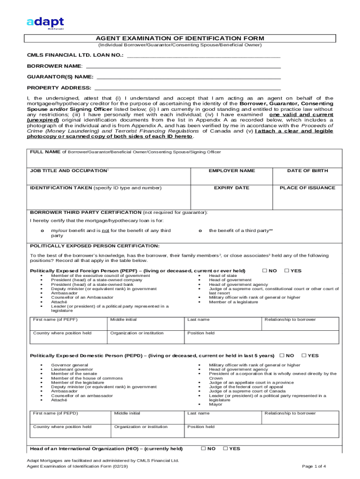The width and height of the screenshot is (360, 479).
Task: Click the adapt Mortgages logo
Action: [45, 22]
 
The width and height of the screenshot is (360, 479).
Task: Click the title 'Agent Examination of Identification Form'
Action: [180, 38]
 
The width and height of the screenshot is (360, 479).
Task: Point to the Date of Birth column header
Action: [307, 171]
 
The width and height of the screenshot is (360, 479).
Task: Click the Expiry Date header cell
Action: [231, 188]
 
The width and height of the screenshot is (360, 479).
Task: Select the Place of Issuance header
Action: [307, 188]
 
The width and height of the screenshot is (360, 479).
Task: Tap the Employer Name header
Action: [231, 171]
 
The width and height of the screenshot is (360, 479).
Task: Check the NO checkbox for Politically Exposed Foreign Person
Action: [265, 270]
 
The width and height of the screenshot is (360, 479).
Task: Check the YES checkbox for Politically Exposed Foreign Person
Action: [287, 270]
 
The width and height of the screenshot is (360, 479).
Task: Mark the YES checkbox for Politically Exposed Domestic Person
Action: [304, 356]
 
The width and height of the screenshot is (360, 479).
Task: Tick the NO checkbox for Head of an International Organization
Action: [203, 449]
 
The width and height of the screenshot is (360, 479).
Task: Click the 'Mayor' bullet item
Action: [216, 404]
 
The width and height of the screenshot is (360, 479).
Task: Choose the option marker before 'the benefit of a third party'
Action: [200, 231]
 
